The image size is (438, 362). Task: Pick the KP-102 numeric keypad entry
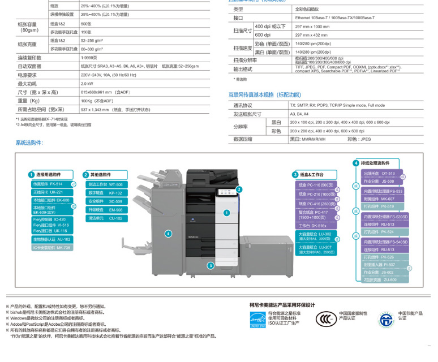point(105,192)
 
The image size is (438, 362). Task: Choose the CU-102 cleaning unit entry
point(105,218)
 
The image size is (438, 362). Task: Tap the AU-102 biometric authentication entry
point(51,239)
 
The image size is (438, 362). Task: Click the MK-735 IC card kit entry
point(51,248)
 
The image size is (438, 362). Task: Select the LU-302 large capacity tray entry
point(316,236)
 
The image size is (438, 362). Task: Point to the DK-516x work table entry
point(316,225)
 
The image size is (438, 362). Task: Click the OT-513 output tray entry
point(383,173)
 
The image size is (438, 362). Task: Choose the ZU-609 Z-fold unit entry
point(383,280)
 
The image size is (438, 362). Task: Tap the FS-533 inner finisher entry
point(383,191)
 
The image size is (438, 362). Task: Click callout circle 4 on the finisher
point(168,233)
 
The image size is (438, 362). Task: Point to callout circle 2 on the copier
point(239,189)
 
